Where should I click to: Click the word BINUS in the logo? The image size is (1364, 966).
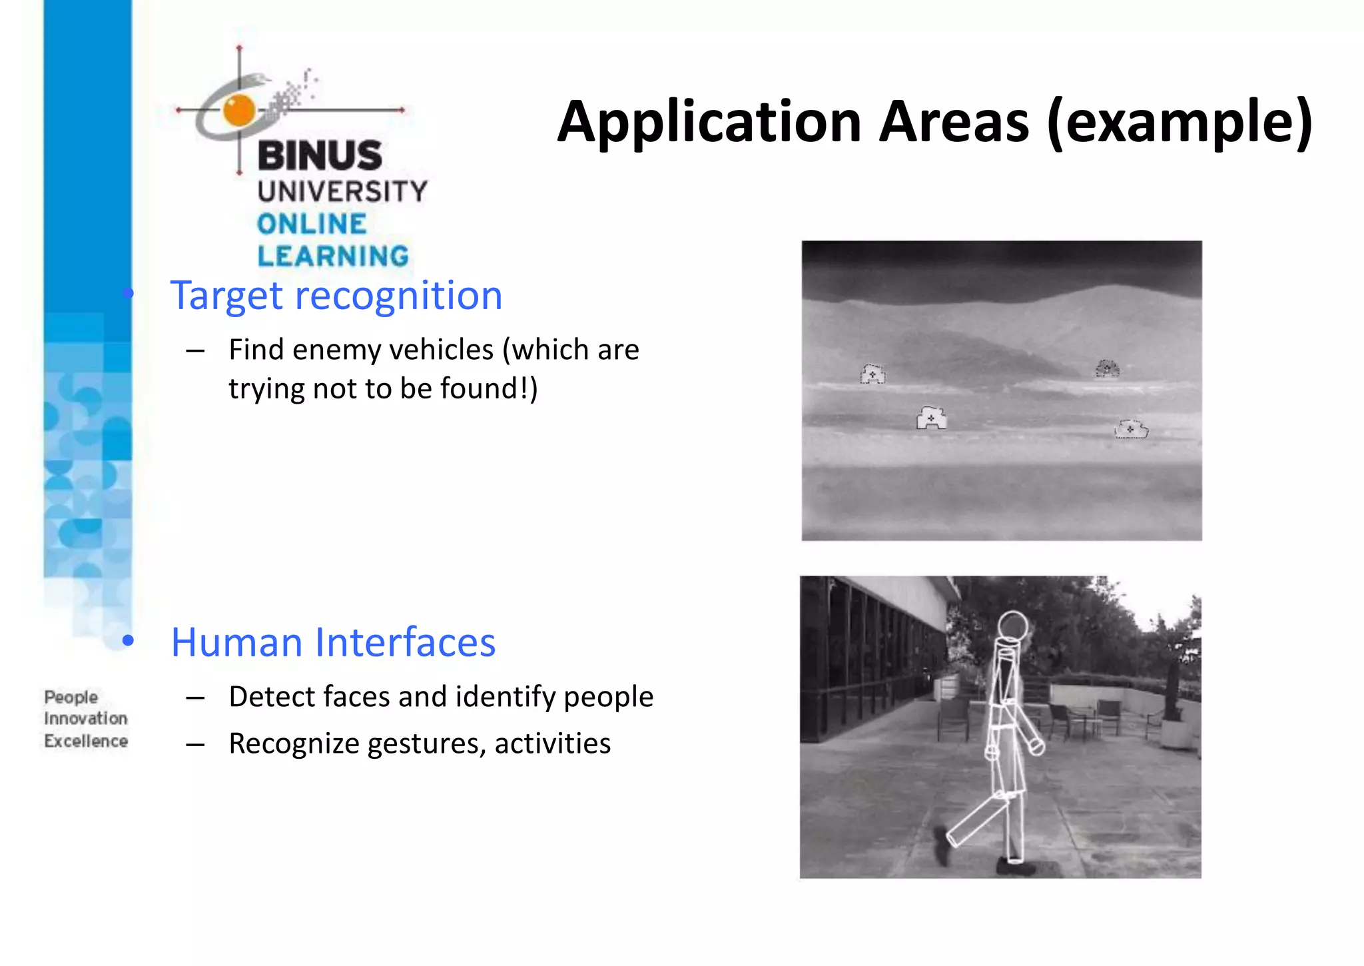(320, 156)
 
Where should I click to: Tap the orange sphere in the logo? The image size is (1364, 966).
(238, 110)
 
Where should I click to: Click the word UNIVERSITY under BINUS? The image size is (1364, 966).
(342, 192)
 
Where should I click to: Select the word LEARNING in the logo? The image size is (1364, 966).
(333, 256)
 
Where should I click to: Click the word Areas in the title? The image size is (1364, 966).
(954, 122)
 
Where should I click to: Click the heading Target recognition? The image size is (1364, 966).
(336, 296)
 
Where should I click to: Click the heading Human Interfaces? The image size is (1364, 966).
(333, 643)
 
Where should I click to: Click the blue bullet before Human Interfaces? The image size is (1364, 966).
(128, 641)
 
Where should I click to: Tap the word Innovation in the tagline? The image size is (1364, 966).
(85, 719)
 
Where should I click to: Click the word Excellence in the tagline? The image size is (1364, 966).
(85, 741)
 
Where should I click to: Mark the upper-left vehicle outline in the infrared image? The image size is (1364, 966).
(872, 374)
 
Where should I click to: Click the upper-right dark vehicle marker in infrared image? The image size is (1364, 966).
(1107, 368)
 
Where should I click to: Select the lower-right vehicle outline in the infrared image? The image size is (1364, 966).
(1131, 429)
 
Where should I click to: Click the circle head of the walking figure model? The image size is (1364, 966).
(1013, 626)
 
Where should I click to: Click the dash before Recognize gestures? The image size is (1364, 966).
(195, 745)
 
